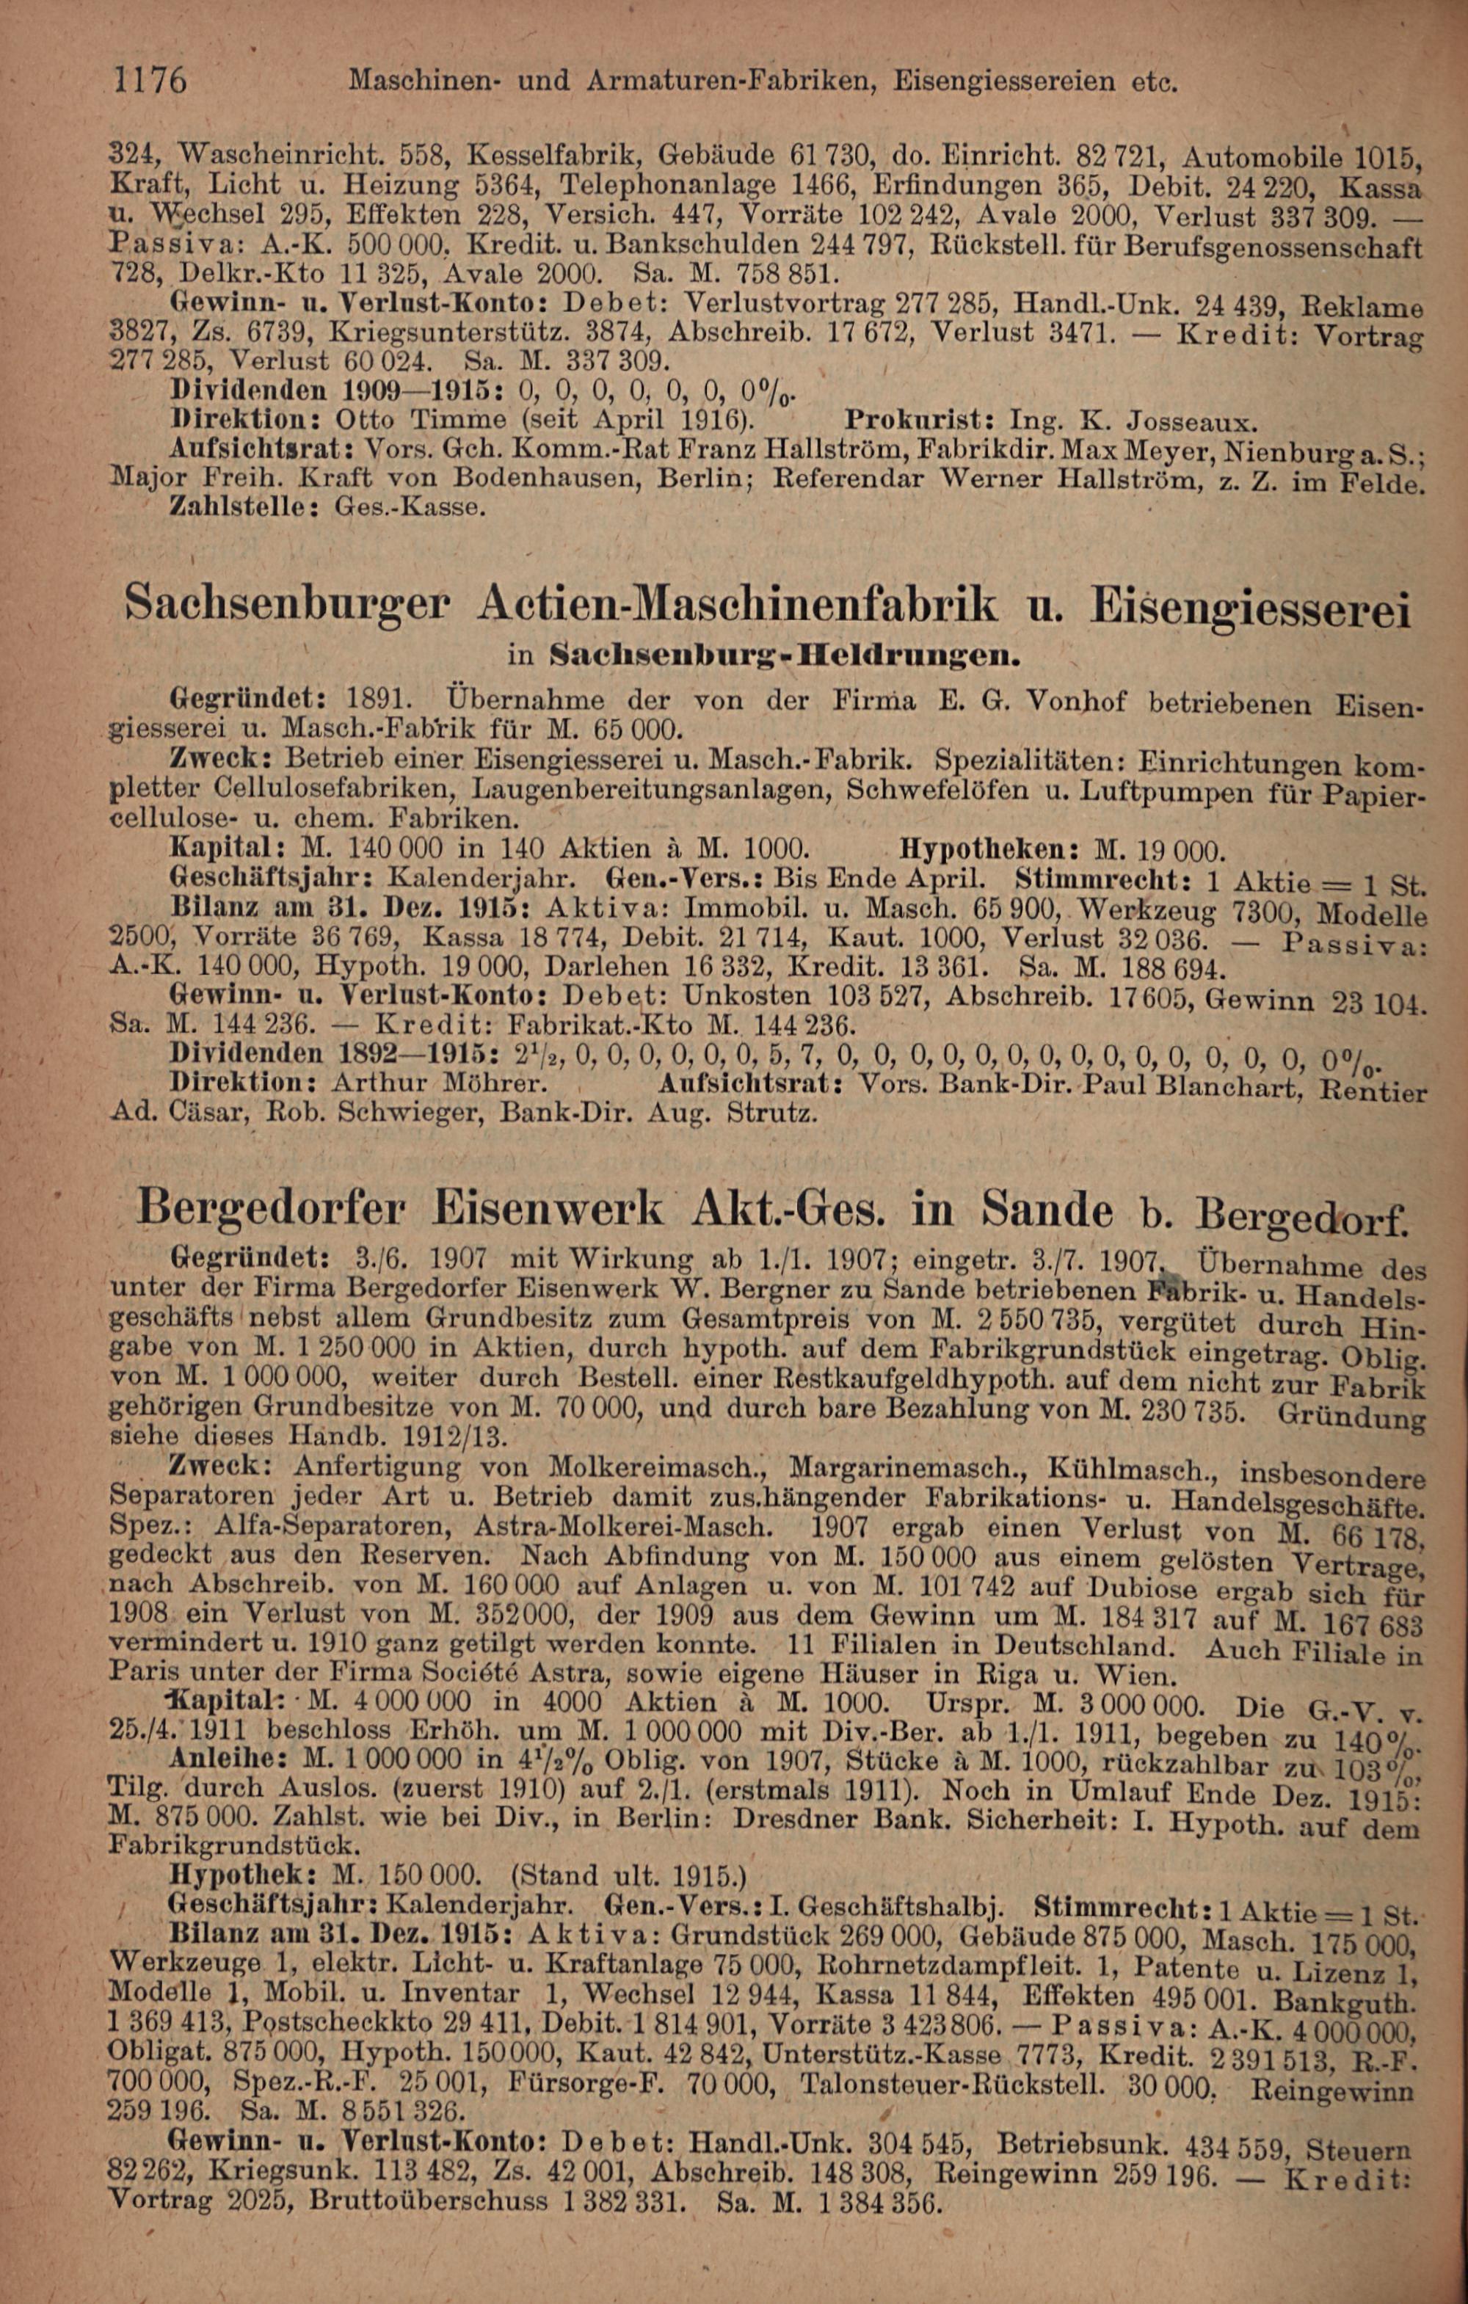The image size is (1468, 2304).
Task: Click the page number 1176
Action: coord(151,79)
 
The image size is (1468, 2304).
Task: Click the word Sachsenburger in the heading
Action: coord(287,605)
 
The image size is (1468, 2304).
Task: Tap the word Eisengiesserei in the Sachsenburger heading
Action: coord(1256,608)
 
